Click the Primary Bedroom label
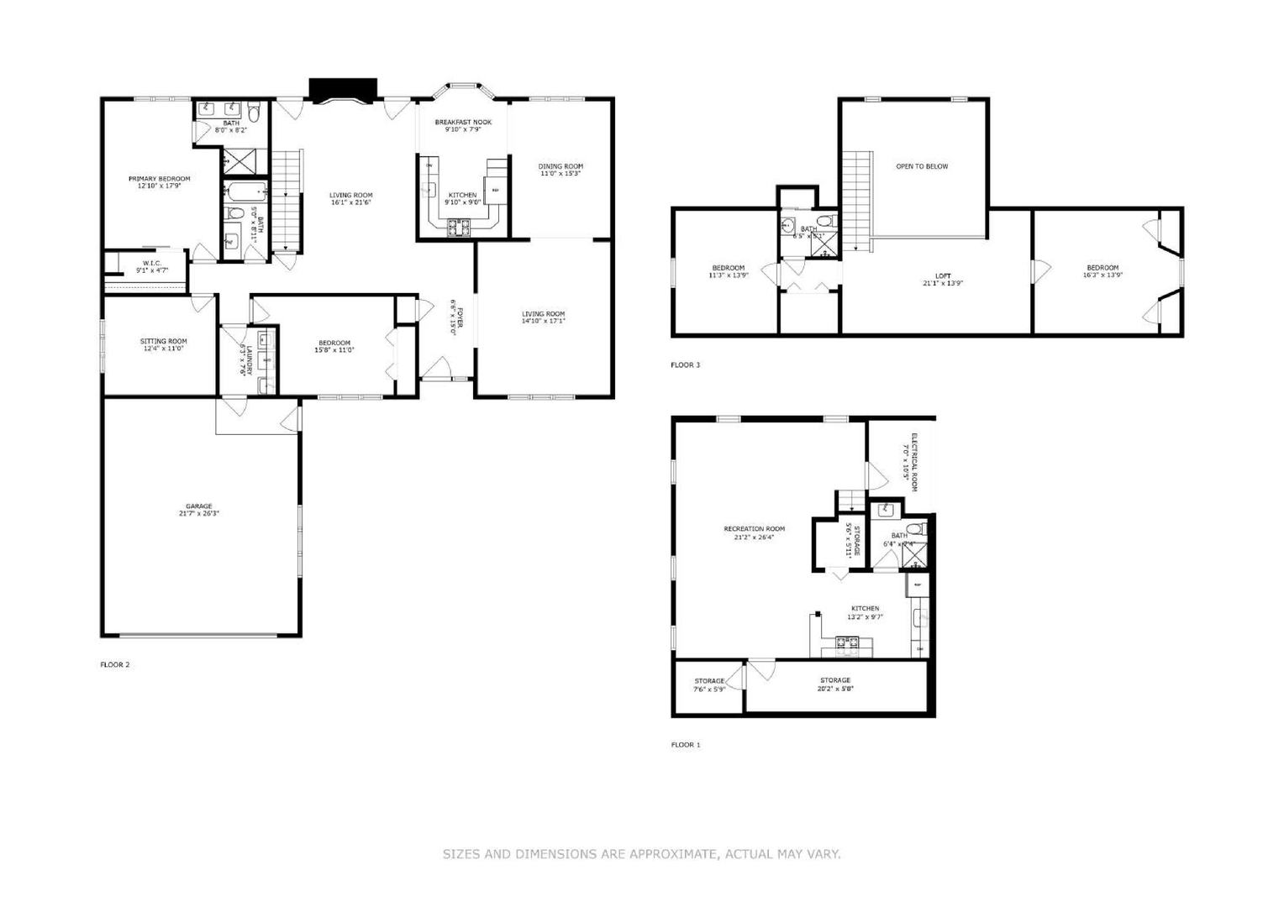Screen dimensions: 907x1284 [159, 178]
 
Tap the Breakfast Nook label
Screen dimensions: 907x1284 [463, 122]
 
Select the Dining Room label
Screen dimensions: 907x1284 [560, 166]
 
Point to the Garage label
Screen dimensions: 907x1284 [199, 506]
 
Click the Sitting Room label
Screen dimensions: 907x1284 [163, 341]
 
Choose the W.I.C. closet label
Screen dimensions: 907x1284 [151, 263]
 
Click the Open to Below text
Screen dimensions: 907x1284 [922, 166]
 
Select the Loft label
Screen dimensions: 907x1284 [943, 275]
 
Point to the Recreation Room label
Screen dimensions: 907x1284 [754, 529]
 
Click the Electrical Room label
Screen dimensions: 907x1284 [913, 461]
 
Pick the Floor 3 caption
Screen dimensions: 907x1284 [685, 364]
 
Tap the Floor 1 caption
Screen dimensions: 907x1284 [685, 744]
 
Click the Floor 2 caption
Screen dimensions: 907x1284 [115, 664]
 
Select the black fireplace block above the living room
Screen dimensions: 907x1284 [343, 88]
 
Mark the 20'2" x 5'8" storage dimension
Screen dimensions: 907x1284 [835, 689]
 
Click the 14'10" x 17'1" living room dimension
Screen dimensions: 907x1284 [543, 321]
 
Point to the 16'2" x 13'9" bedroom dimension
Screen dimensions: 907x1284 [1102, 275]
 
